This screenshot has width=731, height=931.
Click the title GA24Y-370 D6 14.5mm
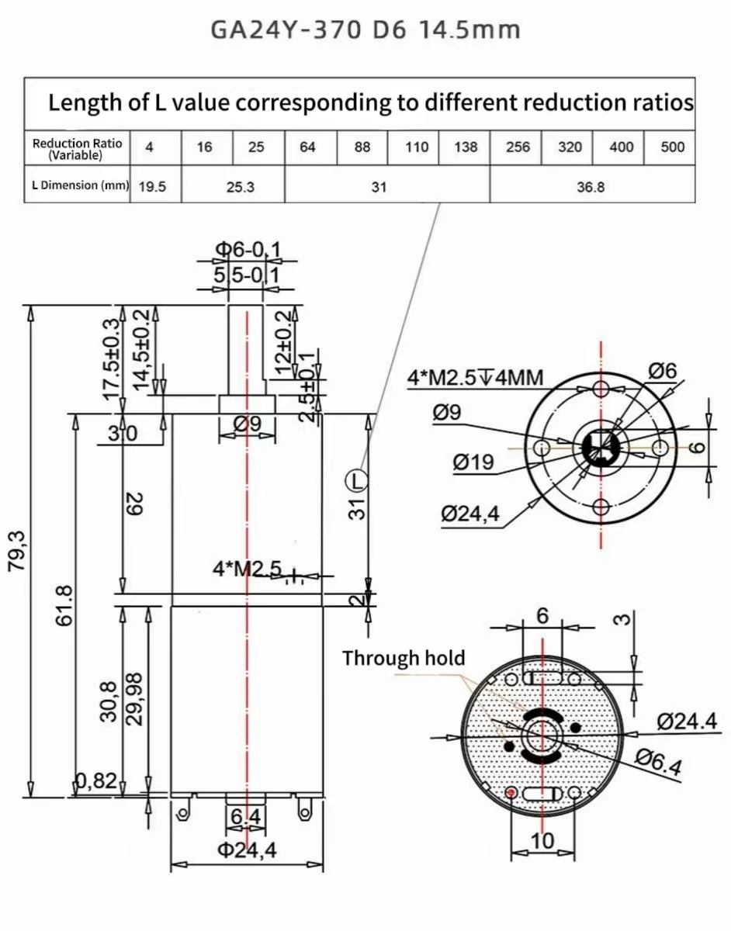[365, 30]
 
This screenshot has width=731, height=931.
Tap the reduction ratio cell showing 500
[672, 147]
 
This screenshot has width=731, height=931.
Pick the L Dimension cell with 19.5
[153, 186]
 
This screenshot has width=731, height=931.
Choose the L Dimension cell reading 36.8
[591, 186]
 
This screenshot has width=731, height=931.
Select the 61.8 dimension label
[65, 605]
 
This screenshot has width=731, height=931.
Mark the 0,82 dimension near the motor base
[97, 781]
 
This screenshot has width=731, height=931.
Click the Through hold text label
[404, 659]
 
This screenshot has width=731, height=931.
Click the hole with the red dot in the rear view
[511, 792]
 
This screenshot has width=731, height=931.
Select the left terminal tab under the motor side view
[184, 813]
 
